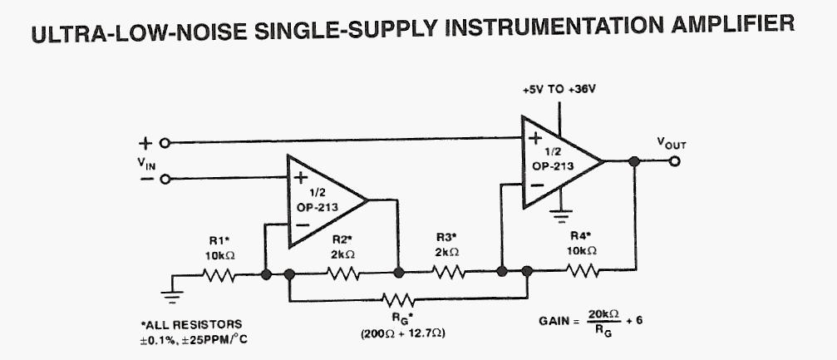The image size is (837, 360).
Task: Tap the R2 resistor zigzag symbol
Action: coord(342,273)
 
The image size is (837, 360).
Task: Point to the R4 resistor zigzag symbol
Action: coord(582,269)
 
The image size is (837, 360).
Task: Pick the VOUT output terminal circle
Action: coord(675,161)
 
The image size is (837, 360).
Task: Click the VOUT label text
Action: coord(672,143)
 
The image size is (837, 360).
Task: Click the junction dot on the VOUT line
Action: coord(635,161)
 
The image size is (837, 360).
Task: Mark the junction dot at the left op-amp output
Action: coord(398,272)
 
